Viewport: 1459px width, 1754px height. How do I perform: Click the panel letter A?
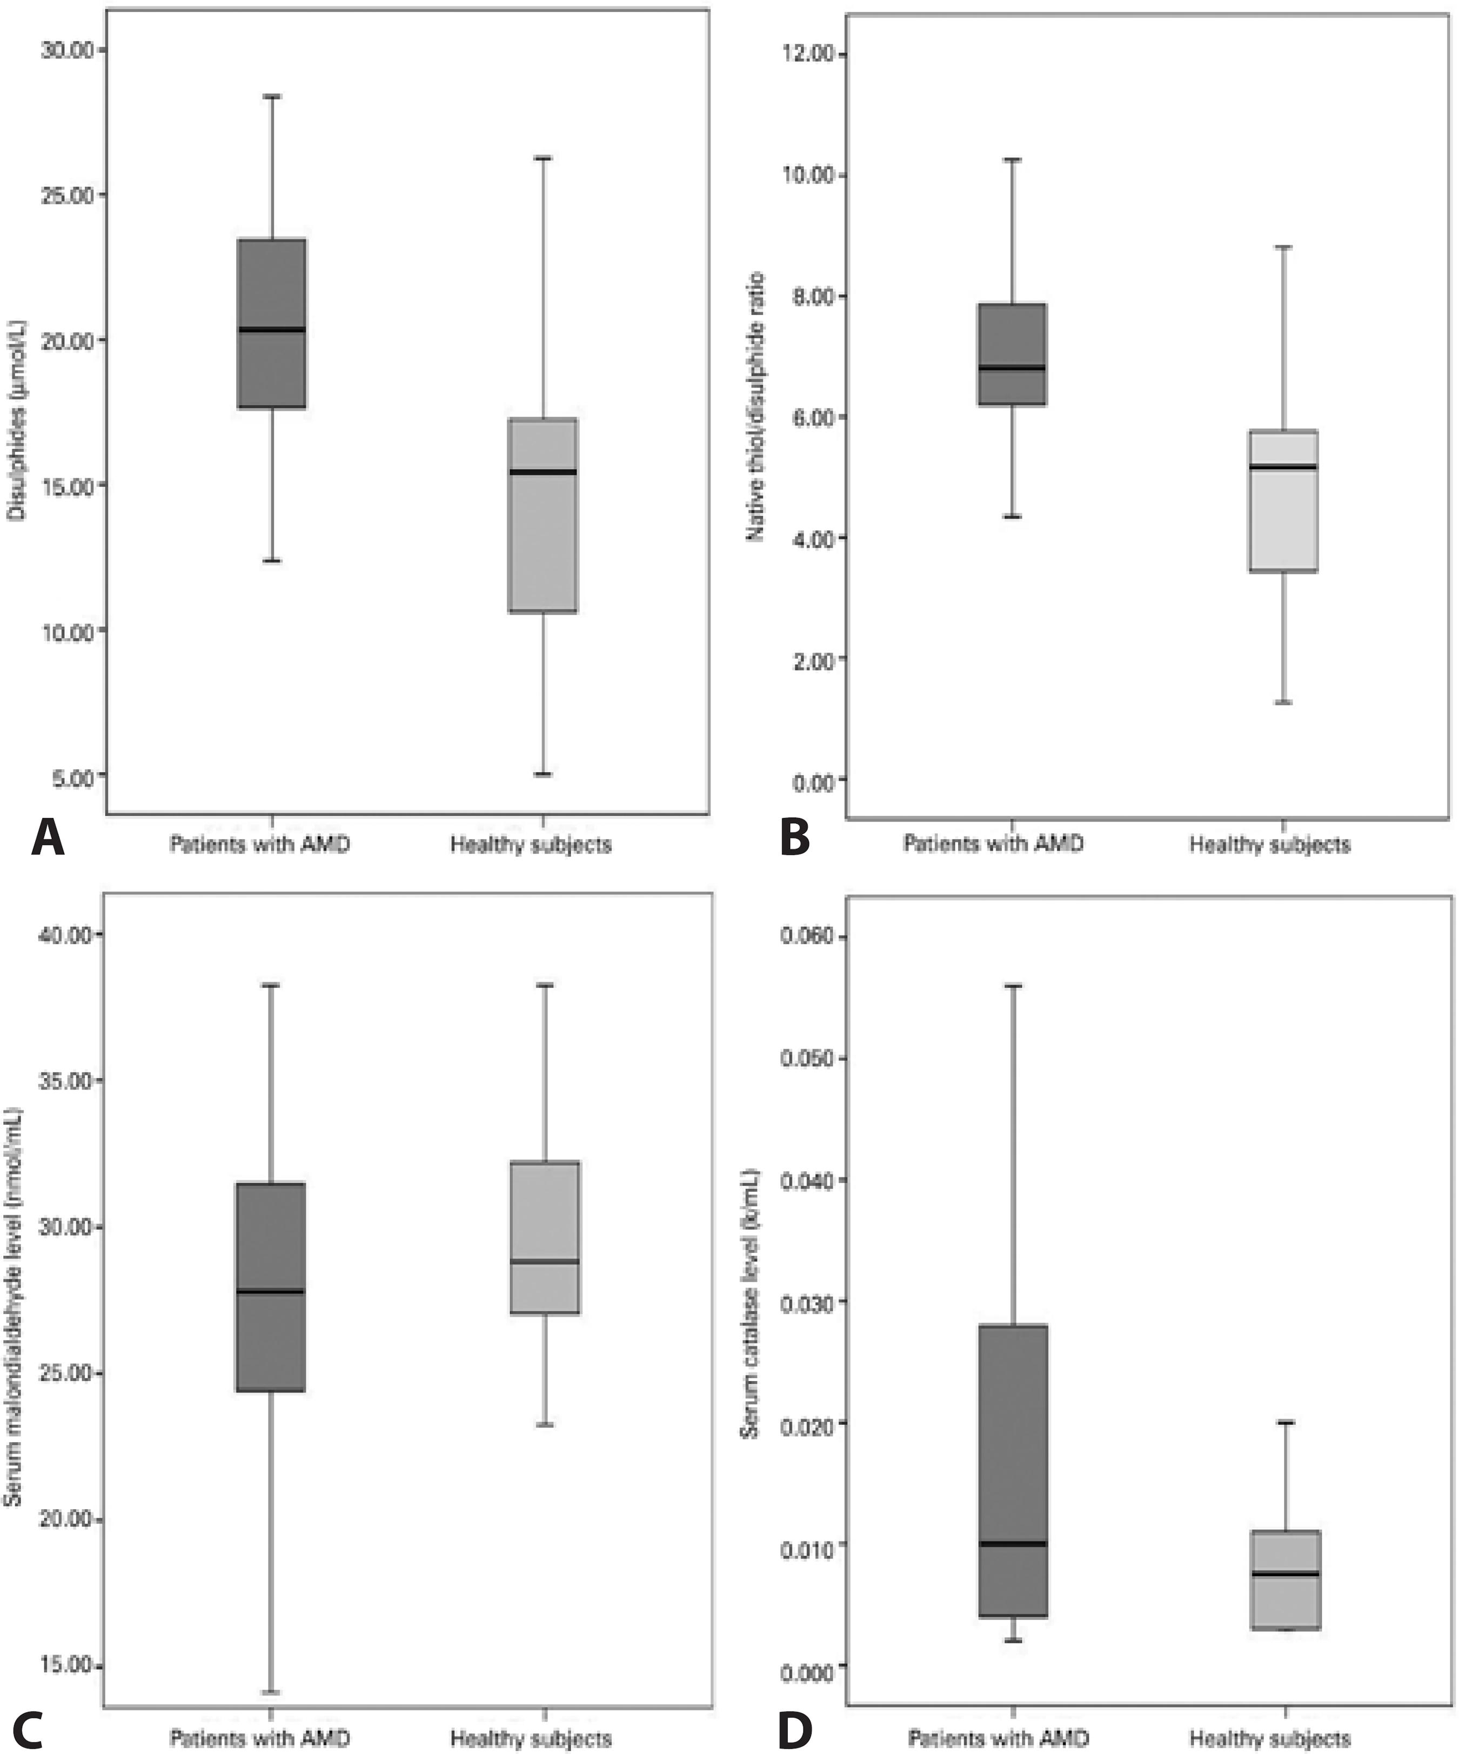[x=48, y=838]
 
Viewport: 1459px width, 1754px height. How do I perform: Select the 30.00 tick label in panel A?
[x=67, y=50]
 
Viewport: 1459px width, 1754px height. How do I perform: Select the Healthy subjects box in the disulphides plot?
[x=544, y=515]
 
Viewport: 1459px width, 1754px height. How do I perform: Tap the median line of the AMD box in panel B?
[x=1013, y=368]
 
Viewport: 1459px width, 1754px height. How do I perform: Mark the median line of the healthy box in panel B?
[x=1283, y=467]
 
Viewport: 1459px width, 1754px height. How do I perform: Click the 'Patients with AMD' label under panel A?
[x=260, y=844]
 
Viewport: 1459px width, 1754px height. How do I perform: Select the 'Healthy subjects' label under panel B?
[x=1269, y=844]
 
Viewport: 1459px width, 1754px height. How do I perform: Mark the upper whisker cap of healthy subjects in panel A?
[x=544, y=157]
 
